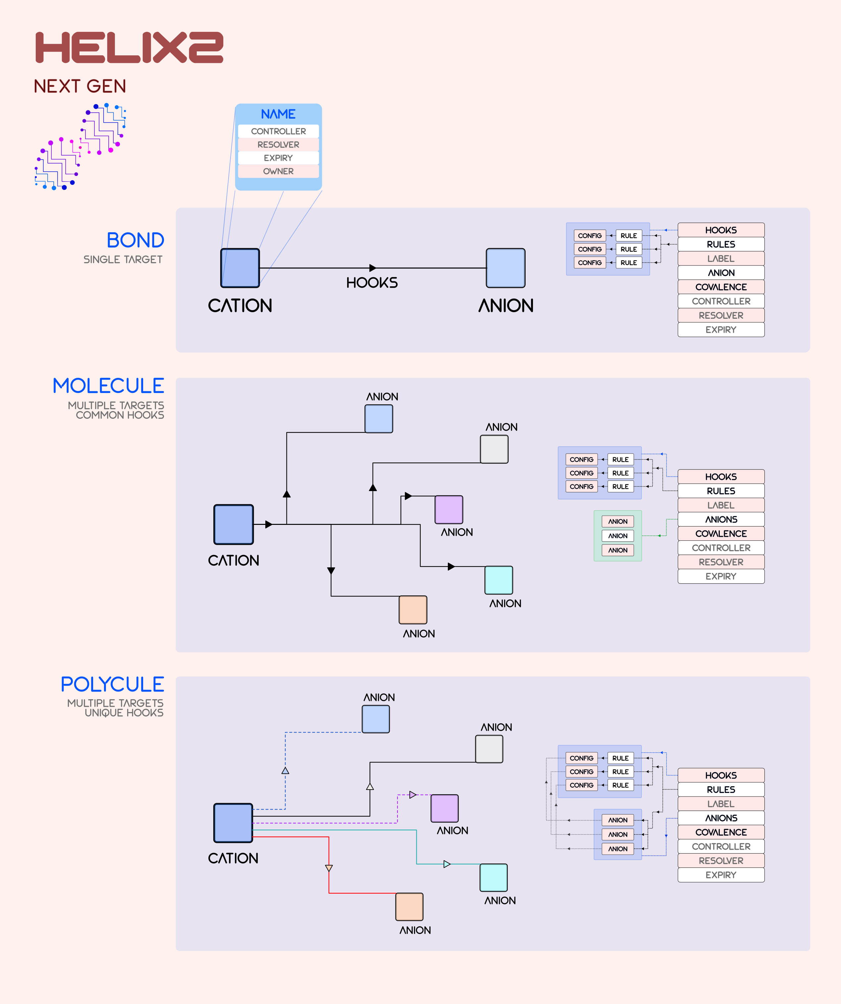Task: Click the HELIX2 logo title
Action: pyautogui.click(x=129, y=47)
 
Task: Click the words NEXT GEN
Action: pyautogui.click(x=80, y=86)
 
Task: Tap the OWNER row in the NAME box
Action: pyautogui.click(x=278, y=171)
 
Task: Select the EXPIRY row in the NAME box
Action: pyautogui.click(x=278, y=158)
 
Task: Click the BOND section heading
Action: pyautogui.click(x=135, y=240)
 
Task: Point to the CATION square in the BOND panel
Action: pyautogui.click(x=240, y=268)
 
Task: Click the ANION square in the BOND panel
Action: pyautogui.click(x=505, y=268)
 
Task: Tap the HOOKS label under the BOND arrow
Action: pyautogui.click(x=372, y=283)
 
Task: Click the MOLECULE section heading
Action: pyautogui.click(x=108, y=386)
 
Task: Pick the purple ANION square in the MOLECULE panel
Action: pyautogui.click(x=449, y=510)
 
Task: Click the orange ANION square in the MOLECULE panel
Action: pyautogui.click(x=413, y=610)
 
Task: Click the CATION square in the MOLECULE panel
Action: pyautogui.click(x=234, y=525)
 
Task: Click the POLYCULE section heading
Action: pyautogui.click(x=112, y=684)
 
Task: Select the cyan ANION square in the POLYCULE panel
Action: pyautogui.click(x=494, y=877)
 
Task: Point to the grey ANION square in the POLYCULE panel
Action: pyautogui.click(x=489, y=749)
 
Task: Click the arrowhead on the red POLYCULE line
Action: pyautogui.click(x=329, y=868)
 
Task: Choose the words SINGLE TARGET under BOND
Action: pyautogui.click(x=123, y=259)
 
